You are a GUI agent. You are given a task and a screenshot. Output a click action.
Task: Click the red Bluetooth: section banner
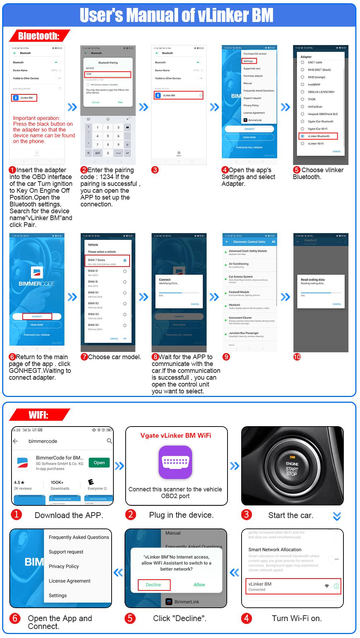pyautogui.click(x=39, y=36)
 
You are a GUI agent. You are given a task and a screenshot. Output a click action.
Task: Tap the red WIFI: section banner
pyautogui.click(x=39, y=415)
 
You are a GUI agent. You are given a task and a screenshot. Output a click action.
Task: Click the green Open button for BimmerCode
pyautogui.click(x=99, y=463)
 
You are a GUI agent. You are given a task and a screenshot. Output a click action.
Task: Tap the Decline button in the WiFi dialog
pyautogui.click(x=154, y=585)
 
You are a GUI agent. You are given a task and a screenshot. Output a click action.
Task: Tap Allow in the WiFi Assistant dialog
pyautogui.click(x=199, y=585)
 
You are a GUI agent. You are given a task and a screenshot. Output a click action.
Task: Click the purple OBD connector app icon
pyautogui.click(x=175, y=462)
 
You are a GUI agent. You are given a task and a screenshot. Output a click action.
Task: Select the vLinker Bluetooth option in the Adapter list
pyautogui.click(x=318, y=136)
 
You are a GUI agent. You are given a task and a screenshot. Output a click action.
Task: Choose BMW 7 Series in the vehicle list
pyautogui.click(x=107, y=261)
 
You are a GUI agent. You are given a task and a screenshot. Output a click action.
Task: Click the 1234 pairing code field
pyautogui.click(x=108, y=74)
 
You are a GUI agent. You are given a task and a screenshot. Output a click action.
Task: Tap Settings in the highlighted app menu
pyautogui.click(x=249, y=61)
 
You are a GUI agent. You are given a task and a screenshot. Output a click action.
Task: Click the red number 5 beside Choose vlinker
pyautogui.click(x=297, y=170)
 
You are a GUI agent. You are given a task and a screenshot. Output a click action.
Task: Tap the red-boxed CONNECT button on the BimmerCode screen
pyautogui.click(x=37, y=316)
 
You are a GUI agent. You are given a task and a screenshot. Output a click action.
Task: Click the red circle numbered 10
pyautogui.click(x=297, y=357)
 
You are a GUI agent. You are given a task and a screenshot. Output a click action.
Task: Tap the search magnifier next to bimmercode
pyautogui.click(x=109, y=441)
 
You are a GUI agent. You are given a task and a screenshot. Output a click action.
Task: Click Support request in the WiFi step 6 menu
pyautogui.click(x=66, y=552)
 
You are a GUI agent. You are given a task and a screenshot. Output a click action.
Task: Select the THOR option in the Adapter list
pyautogui.click(x=311, y=99)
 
